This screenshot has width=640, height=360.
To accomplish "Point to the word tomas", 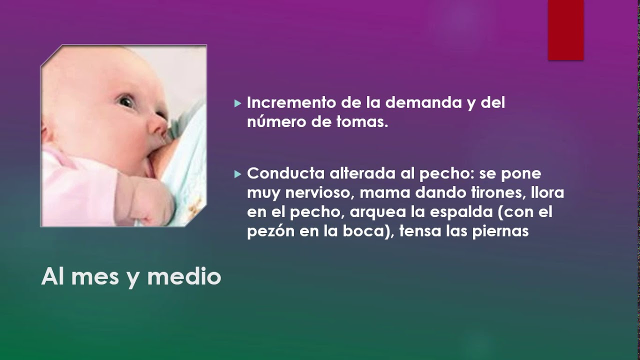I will click(x=364, y=122).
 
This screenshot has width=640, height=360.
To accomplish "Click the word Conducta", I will click(x=285, y=173).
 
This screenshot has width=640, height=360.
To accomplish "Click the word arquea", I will click(x=377, y=212).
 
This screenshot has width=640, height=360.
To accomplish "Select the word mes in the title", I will click(x=95, y=276).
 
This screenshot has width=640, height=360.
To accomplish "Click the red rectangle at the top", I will click(x=565, y=30).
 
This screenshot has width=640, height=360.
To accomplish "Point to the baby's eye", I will click(x=125, y=101).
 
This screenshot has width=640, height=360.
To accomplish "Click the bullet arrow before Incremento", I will click(x=237, y=104).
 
